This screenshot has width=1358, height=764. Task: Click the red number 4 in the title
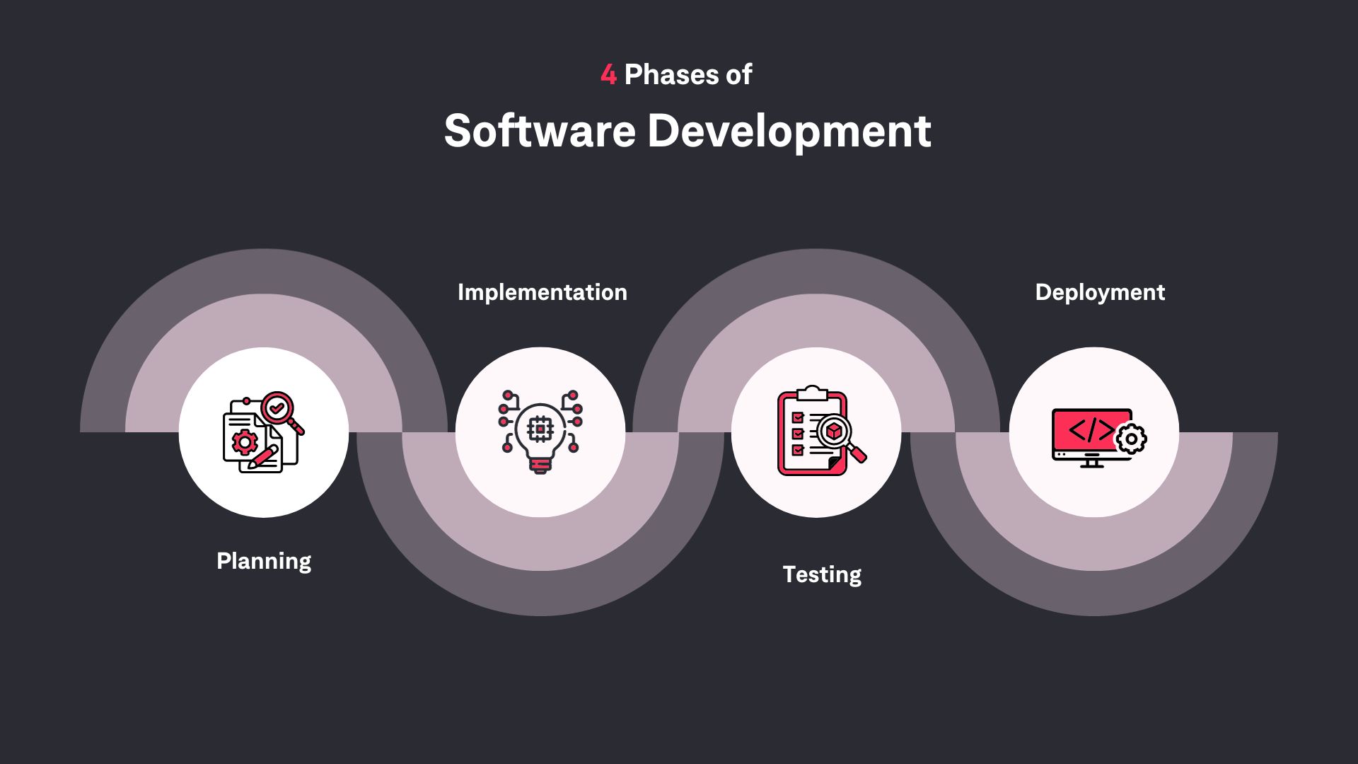point(608,75)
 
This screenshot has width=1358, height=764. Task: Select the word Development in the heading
point(789,132)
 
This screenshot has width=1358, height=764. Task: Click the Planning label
point(264,561)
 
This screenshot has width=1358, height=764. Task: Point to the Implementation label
point(542,292)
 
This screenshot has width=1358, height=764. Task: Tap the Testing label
point(822,574)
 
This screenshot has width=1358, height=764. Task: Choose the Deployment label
point(1100,292)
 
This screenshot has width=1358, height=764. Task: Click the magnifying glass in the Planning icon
point(278,409)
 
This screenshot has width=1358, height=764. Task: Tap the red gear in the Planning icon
point(245,442)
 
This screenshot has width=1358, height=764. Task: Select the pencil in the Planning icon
point(262,457)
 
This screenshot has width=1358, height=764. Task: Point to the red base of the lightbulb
point(540,465)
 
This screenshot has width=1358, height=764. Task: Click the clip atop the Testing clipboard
point(812,393)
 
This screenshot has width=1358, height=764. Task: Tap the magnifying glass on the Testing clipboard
point(839,433)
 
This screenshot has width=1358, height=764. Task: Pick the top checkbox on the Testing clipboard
point(798,417)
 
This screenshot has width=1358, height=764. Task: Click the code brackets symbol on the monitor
point(1089,430)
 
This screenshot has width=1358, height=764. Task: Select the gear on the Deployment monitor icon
point(1131,439)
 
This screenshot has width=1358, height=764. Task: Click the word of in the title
point(738,75)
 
